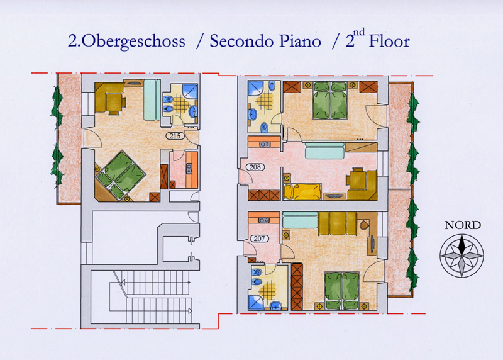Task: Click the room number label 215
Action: pos(175,136)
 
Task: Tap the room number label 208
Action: pos(255,167)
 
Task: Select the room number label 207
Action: pos(259,239)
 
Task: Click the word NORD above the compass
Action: pos(463,225)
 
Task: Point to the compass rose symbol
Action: pos(462,256)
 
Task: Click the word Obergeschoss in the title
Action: pos(131,42)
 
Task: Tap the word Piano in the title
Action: pos(300,41)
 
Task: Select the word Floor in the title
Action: pos(389,41)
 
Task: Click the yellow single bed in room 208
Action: pos(302,192)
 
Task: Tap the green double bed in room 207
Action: pos(341,290)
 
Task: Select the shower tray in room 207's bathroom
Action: pos(256,303)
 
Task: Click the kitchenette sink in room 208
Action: pos(265,145)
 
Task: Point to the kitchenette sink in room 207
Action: pos(263,220)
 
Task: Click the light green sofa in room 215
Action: pos(152,99)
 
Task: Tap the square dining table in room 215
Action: pos(114,102)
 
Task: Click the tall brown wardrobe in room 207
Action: pos(297,286)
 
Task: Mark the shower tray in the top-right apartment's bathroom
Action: pos(256,88)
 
